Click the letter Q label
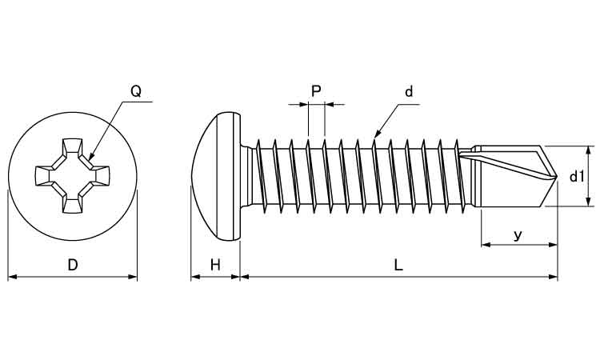(x=136, y=91)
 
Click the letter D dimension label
(x=73, y=265)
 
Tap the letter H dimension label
(x=214, y=265)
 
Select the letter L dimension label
(x=398, y=265)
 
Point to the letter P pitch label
(x=316, y=91)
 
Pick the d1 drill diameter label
(x=576, y=177)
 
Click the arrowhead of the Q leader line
(x=90, y=156)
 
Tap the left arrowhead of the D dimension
(x=10, y=277)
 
